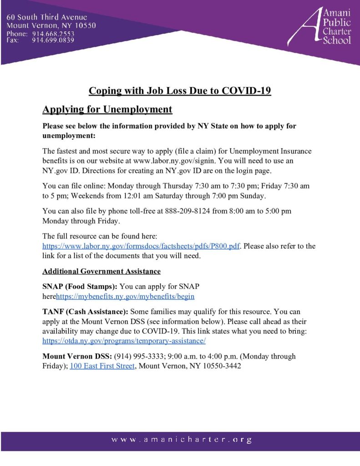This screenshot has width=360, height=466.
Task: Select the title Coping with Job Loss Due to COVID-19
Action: pyautogui.click(x=180, y=90)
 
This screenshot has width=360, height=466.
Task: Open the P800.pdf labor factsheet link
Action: pyautogui.click(x=141, y=246)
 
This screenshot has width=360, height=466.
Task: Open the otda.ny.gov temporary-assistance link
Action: pyautogui.click(x=124, y=340)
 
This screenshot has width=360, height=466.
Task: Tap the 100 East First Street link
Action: pyautogui.click(x=102, y=366)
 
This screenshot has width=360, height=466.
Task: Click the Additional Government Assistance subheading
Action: pyautogui.click(x=101, y=271)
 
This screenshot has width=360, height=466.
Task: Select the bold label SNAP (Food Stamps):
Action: pyautogui.click(x=80, y=287)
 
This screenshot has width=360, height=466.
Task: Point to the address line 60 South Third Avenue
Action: pyautogui.click(x=46, y=17)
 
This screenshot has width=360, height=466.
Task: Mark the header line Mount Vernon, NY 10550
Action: pyautogui.click(x=51, y=25)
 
